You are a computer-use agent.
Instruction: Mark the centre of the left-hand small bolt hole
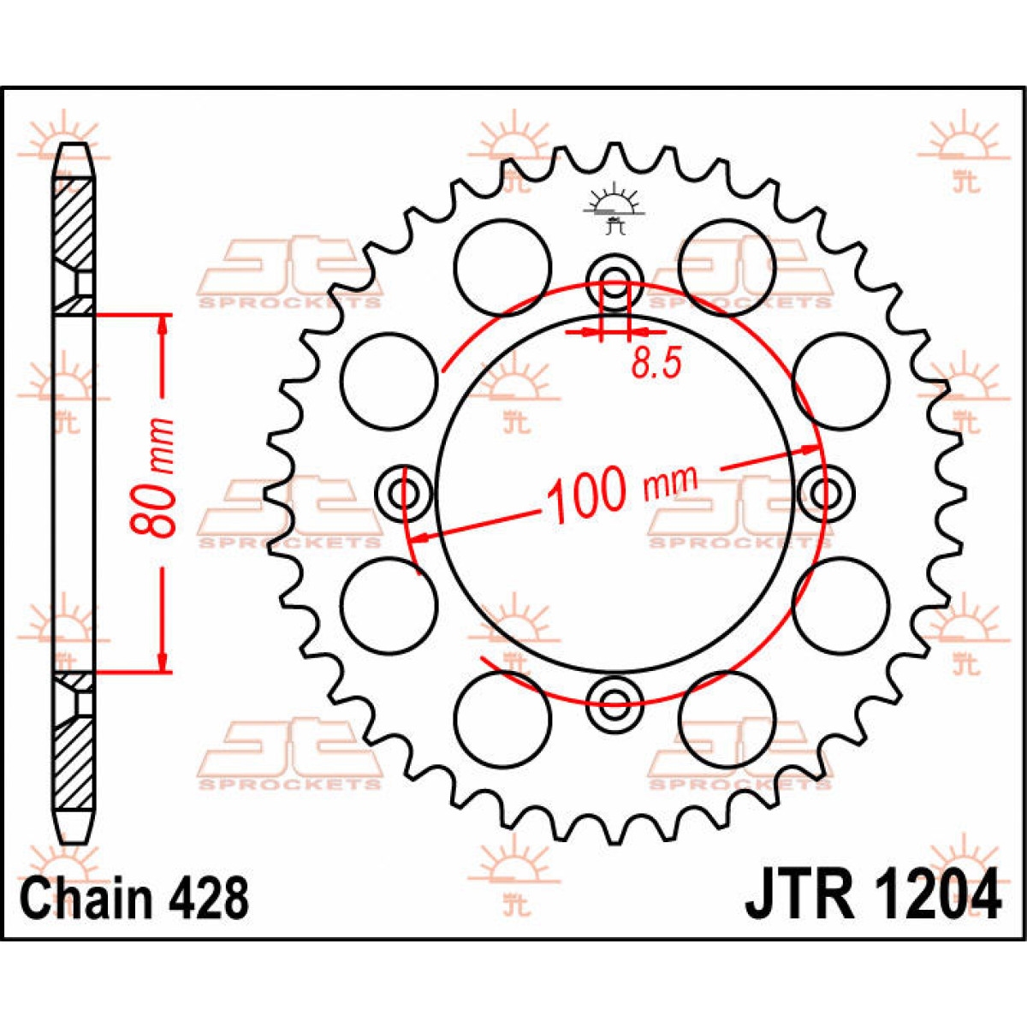tap(403, 494)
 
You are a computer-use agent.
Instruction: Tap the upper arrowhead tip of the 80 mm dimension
tap(163, 317)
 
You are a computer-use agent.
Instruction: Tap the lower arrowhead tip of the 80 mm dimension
tap(163, 672)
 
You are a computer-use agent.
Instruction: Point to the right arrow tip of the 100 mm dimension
tap(820, 448)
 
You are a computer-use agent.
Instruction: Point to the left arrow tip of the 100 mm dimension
tap(412, 540)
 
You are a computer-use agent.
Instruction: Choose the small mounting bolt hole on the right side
tap(827, 494)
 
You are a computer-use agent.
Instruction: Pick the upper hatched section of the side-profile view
tap(75, 224)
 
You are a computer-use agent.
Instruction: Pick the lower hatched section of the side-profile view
tap(75, 763)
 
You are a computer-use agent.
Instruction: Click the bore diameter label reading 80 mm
tap(153, 477)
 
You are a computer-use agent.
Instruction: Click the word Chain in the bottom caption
tap(86, 900)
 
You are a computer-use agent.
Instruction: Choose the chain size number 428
tap(209, 900)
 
